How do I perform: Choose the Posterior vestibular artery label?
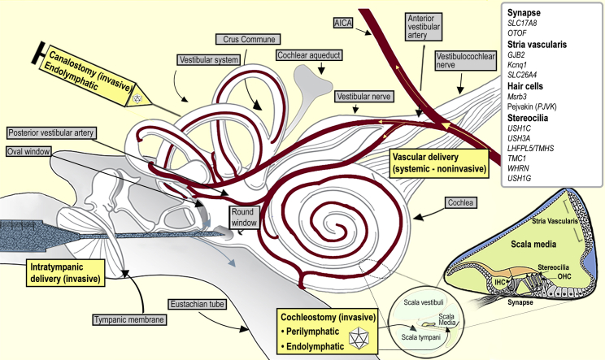52,132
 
